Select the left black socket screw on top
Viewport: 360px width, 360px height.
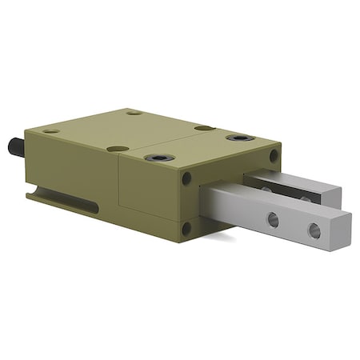[x=158, y=158]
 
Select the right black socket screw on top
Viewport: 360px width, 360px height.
[x=240, y=138]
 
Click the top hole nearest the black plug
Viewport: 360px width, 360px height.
[x=50, y=131]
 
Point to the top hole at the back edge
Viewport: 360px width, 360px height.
[x=134, y=113]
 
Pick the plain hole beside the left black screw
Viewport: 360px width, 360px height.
[x=118, y=148]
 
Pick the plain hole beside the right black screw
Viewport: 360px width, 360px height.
[x=204, y=128]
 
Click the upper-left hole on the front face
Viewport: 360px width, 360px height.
[x=187, y=178]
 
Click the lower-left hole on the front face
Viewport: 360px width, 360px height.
[x=187, y=229]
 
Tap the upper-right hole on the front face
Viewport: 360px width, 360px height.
[x=274, y=156]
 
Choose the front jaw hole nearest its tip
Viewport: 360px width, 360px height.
[x=314, y=230]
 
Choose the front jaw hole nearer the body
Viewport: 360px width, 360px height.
[x=274, y=219]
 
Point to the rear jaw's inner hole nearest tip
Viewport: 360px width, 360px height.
[x=305, y=198]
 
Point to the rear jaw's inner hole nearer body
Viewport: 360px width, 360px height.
[x=266, y=190]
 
